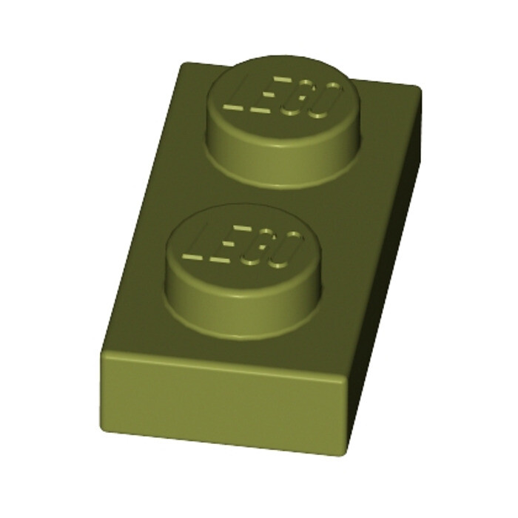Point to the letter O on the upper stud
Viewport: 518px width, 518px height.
pos(326,101)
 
